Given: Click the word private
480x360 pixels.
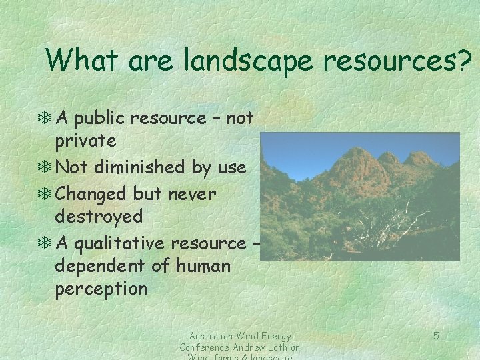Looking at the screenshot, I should [85, 141].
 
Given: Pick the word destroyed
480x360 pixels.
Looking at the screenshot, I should [99, 217].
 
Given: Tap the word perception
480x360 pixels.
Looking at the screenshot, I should [101, 289].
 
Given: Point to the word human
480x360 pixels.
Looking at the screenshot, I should [203, 267].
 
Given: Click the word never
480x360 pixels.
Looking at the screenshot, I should [183, 195].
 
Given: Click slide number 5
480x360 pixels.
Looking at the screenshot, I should [436, 336].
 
